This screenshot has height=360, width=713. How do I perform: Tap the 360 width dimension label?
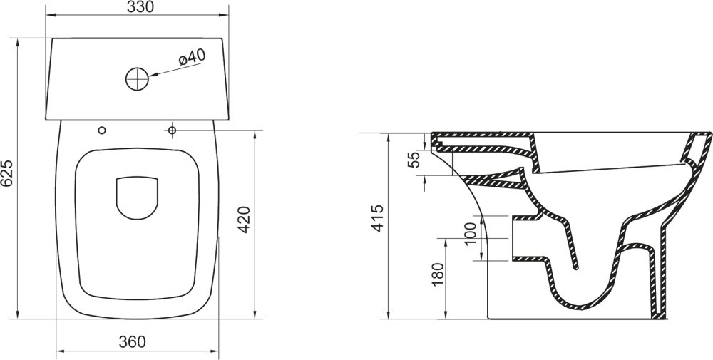tap(132, 341)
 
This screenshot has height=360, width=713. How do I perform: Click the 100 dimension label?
tap(470, 234)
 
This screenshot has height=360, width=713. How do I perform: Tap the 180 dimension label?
tap(438, 274)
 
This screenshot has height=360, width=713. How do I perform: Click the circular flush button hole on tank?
tap(138, 78)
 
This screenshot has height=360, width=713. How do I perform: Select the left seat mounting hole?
tap(102, 130)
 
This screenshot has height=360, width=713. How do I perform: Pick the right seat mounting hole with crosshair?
tap(172, 130)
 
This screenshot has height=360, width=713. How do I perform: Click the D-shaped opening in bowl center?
tap(137, 197)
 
